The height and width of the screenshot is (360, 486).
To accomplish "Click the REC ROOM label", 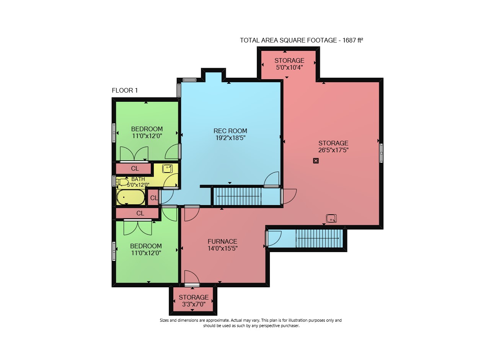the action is pyautogui.click(x=230, y=131).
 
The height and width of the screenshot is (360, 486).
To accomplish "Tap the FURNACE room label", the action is pyautogui.click(x=222, y=241).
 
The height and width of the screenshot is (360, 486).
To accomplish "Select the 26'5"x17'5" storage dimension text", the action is pyautogui.click(x=333, y=150).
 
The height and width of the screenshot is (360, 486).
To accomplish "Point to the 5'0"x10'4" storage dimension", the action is pyautogui.click(x=289, y=67).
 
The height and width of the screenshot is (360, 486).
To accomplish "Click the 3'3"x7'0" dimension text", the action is pyautogui.click(x=194, y=304).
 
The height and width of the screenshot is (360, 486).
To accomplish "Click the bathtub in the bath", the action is pyautogui.click(x=131, y=197).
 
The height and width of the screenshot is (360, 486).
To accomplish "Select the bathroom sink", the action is pyautogui.click(x=167, y=168).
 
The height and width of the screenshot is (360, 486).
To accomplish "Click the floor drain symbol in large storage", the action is pyautogui.click(x=316, y=161).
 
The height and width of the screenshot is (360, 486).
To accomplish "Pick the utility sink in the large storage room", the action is pyautogui.click(x=331, y=218).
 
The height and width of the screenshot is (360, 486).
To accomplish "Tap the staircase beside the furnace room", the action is pyautogui.click(x=319, y=238).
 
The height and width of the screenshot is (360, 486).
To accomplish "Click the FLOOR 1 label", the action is pyautogui.click(x=125, y=90).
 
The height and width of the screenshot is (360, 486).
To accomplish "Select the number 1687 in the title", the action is pyautogui.click(x=349, y=40).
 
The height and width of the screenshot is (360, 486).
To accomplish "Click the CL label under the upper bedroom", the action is pyautogui.click(x=135, y=168).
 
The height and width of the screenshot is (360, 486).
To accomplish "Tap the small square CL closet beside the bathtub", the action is pyautogui.click(x=153, y=198).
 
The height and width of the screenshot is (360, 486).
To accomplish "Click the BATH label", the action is pyautogui.click(x=138, y=179).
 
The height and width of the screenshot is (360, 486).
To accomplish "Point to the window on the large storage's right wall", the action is pyautogui.click(x=381, y=153).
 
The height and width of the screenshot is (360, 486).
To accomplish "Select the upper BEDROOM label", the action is pyautogui.click(x=147, y=129).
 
